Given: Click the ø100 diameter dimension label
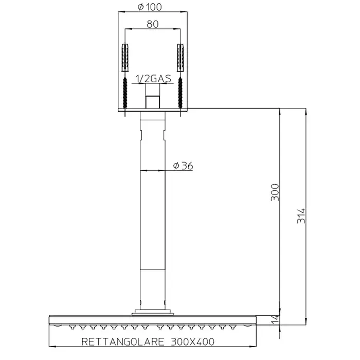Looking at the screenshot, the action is click(150, 7).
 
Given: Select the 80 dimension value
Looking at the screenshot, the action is click(152, 24).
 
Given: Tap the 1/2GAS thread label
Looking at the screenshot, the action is click(153, 79).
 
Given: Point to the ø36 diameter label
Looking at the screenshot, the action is click(183, 166).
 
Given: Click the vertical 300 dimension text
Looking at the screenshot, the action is click(275, 192).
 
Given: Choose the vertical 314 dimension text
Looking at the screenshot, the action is click(301, 216).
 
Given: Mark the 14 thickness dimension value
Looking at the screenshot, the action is click(276, 319).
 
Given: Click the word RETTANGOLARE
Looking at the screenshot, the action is click(123, 342).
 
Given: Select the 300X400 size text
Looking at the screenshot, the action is click(193, 342).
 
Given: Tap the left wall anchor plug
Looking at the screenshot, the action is click(125, 58).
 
